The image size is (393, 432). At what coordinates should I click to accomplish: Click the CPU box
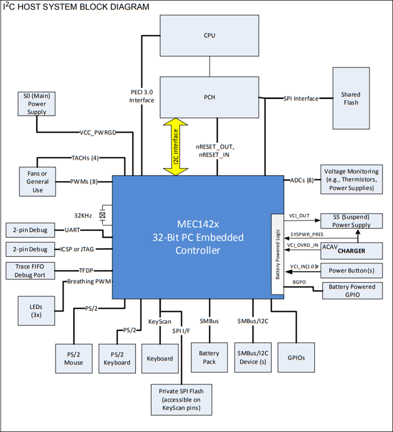pos(209,35)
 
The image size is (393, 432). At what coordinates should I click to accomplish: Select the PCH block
pos(209,97)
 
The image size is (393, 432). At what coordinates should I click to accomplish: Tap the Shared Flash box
pos(351,98)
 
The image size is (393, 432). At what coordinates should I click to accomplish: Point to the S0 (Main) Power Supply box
pos(37,104)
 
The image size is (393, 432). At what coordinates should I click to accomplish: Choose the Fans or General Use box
pos(37,182)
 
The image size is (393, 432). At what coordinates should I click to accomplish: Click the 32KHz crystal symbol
pos(102,215)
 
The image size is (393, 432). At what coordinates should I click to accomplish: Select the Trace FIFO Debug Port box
pos(30,271)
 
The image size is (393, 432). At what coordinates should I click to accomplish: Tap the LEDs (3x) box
pos(36,311)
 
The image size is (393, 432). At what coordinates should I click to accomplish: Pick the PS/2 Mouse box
pos(74,358)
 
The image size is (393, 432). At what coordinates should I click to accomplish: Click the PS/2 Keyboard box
pos(117,358)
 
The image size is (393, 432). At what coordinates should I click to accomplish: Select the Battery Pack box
pos(209,357)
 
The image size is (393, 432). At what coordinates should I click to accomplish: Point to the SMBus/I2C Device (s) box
pos(253,357)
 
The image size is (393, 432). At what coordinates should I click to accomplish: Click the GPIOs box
pos(296,357)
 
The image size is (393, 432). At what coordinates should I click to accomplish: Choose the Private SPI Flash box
pos(181,400)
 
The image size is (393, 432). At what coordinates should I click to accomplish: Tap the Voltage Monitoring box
pos(352,179)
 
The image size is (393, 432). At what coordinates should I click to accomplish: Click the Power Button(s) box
pos(352,271)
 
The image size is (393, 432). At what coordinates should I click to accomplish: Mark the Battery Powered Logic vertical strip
pos(278,254)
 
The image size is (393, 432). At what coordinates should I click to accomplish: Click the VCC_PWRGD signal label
pos(98,132)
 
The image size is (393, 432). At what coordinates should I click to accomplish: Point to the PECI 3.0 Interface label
pos(142,96)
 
